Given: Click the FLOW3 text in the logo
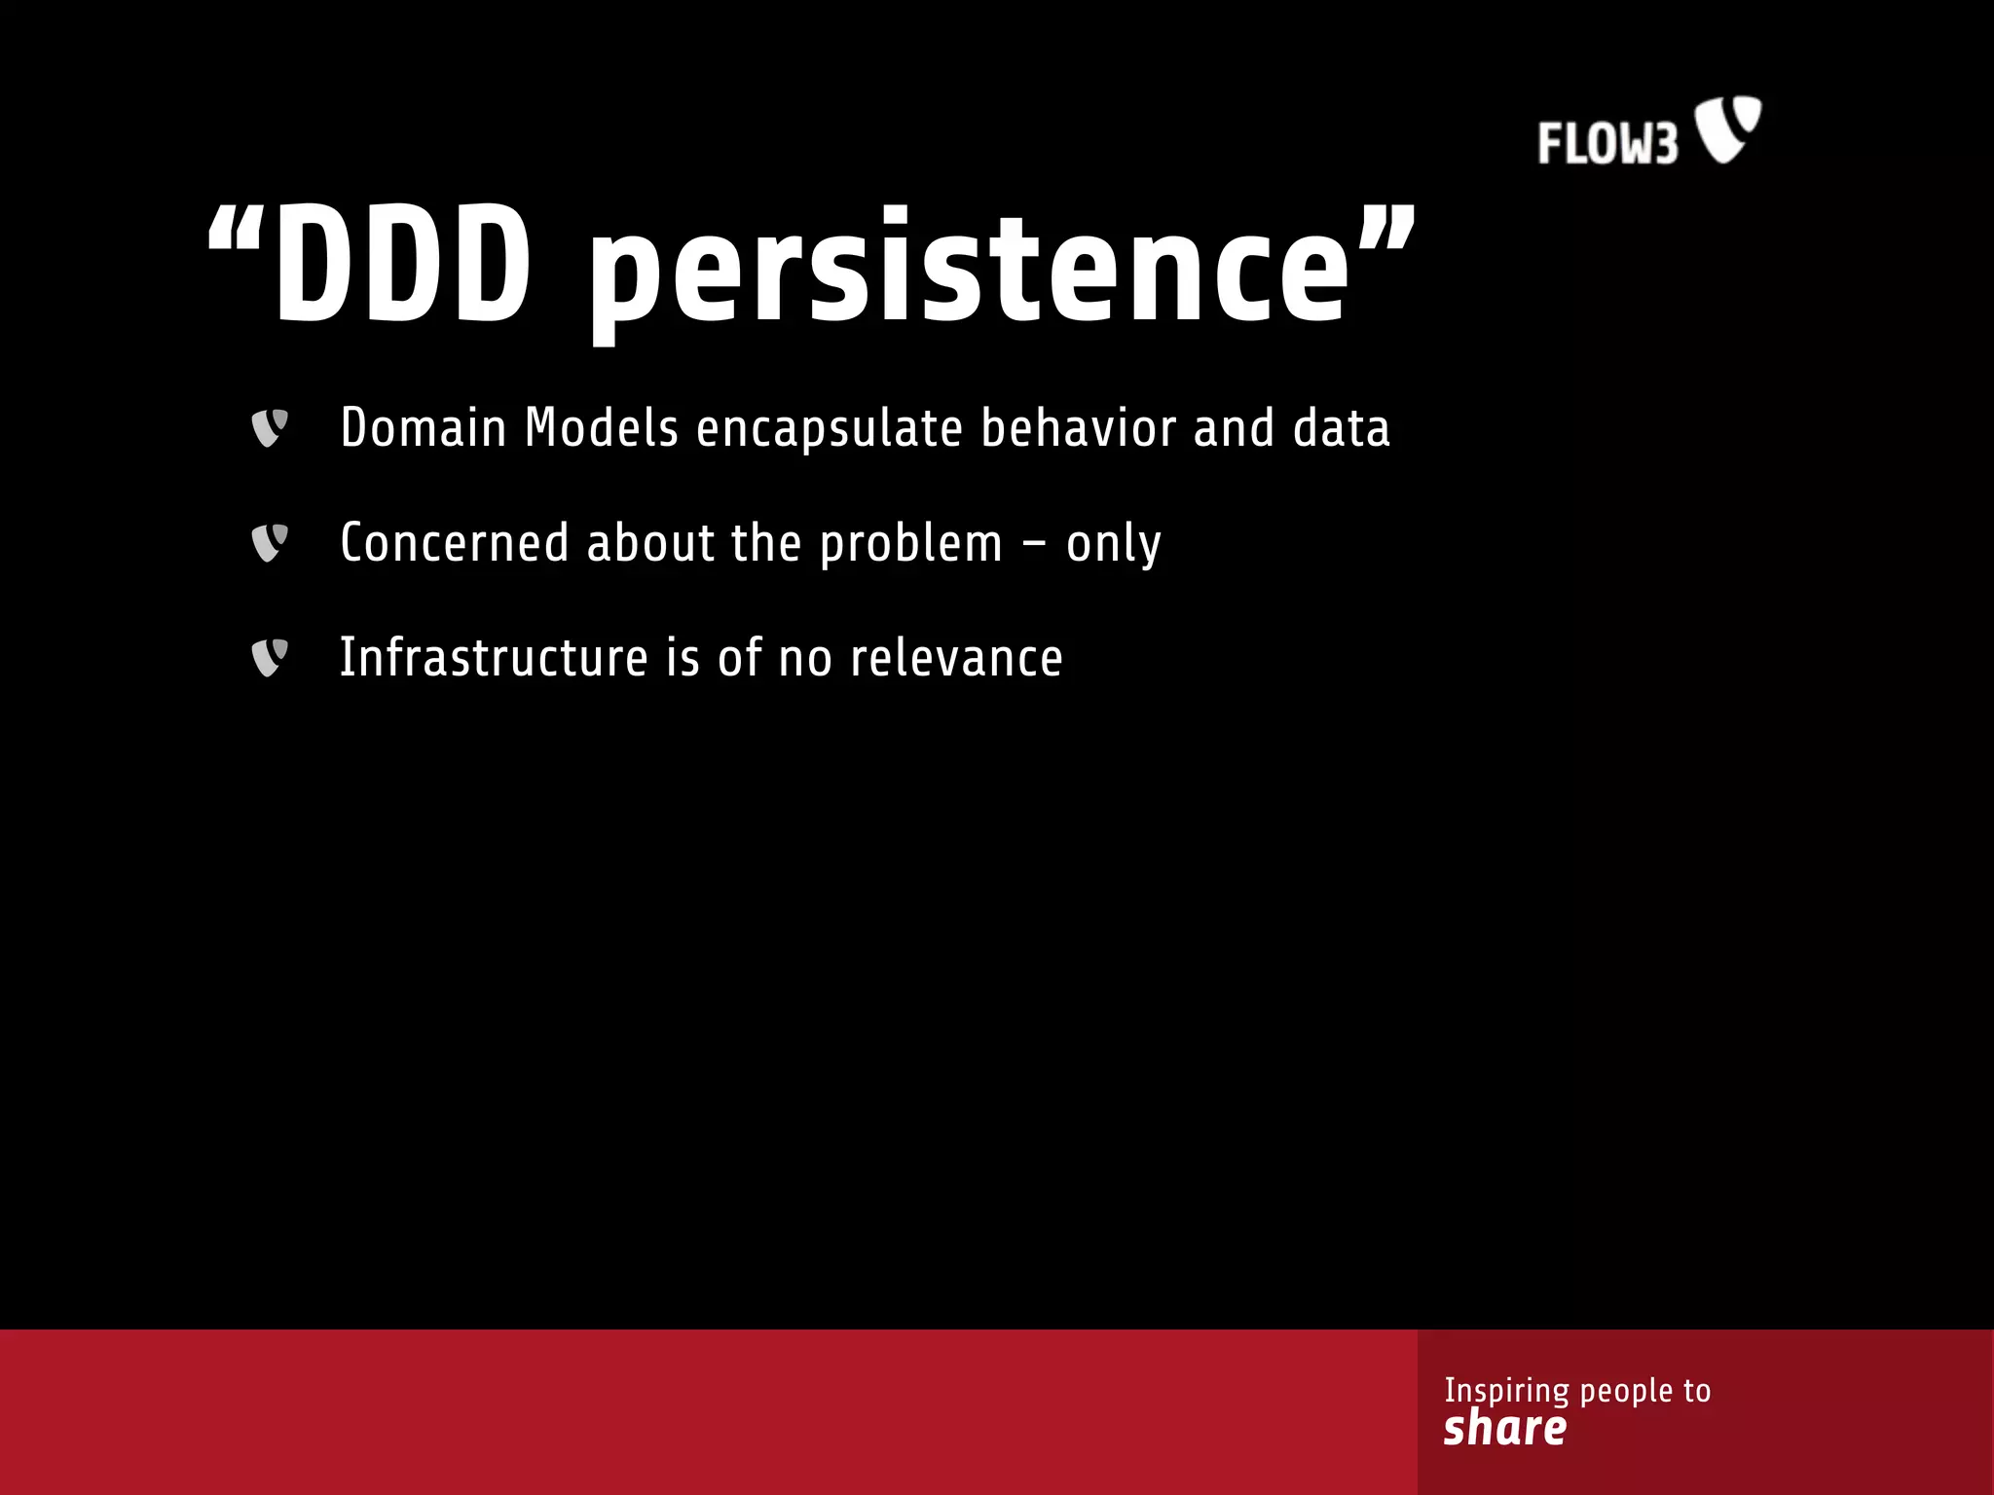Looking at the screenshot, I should (x=1607, y=143).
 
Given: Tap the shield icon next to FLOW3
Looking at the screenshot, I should (x=1728, y=128).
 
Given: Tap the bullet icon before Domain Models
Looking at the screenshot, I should (x=270, y=428).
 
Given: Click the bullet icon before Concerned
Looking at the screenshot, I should (x=270, y=543).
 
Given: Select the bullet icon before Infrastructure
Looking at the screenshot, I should (x=270, y=658).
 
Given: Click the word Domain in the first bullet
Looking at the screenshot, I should (x=424, y=428).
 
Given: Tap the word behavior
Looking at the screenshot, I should (x=1079, y=428).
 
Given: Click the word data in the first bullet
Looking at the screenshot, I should (x=1341, y=428).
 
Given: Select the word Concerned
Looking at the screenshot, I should (x=454, y=543).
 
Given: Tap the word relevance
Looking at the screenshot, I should (x=956, y=658).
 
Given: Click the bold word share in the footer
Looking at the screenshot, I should (x=1505, y=1428).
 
